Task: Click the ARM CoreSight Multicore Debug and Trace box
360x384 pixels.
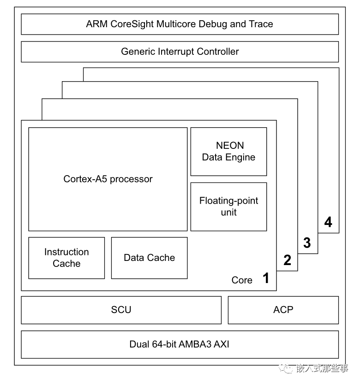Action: (180, 24)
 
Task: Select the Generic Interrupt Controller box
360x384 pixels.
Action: (180, 52)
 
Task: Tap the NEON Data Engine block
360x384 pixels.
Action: (228, 152)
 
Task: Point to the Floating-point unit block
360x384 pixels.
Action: (228, 207)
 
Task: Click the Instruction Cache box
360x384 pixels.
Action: (66, 258)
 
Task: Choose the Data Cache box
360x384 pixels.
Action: (149, 258)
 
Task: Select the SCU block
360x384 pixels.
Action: (121, 310)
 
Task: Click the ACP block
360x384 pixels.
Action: (283, 310)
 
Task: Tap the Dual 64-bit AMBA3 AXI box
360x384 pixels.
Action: (180, 344)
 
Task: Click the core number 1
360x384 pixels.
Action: (265, 278)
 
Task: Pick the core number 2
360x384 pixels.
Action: (287, 260)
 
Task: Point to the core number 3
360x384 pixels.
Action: (307, 243)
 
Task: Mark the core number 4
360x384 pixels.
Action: (328, 223)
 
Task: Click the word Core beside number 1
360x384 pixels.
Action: (242, 280)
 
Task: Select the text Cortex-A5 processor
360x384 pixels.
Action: (108, 179)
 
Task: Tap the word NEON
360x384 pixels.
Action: (229, 146)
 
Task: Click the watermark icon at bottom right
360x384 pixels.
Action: (288, 369)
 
